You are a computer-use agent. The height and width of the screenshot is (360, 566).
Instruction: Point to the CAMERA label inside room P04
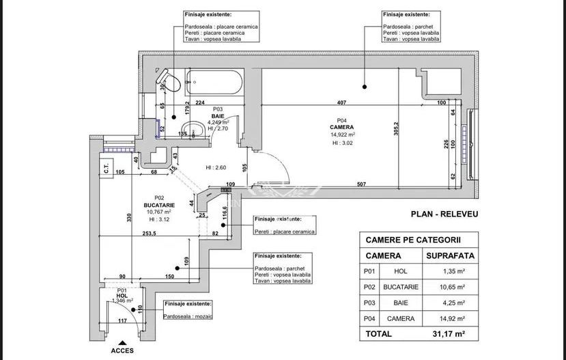[x=341, y=127]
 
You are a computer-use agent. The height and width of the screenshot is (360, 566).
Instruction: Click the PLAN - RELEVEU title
[x=444, y=214]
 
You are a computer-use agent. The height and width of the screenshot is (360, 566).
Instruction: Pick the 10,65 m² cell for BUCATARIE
[x=445, y=287]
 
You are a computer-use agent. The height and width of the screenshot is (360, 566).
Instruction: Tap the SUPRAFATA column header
[x=450, y=255]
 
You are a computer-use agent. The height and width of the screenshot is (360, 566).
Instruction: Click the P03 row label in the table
[x=369, y=303]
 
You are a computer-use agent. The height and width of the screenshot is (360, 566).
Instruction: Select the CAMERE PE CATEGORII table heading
[x=414, y=240]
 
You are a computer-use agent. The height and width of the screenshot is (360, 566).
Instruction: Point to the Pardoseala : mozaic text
[x=185, y=316]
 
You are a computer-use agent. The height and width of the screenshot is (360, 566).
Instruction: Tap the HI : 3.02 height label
[x=341, y=143]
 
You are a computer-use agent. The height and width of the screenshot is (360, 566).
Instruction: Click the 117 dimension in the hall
[x=122, y=320]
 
